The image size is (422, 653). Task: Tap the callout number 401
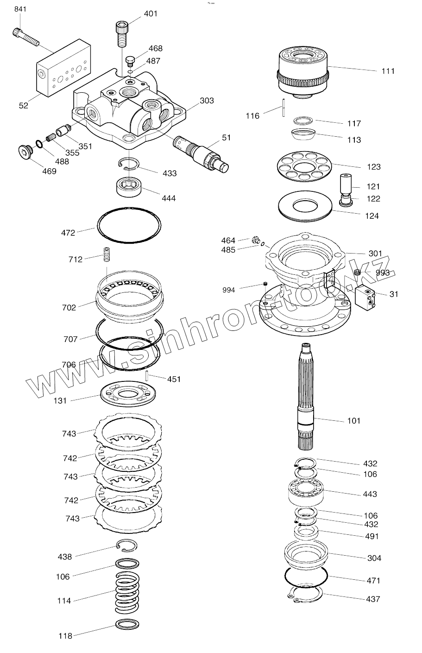pyautogui.click(x=151, y=13)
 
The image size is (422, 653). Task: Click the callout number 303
pyautogui.click(x=207, y=101)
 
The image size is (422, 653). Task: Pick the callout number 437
pyautogui.click(x=372, y=599)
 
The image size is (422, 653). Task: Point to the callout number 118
pyautogui.click(x=65, y=636)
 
